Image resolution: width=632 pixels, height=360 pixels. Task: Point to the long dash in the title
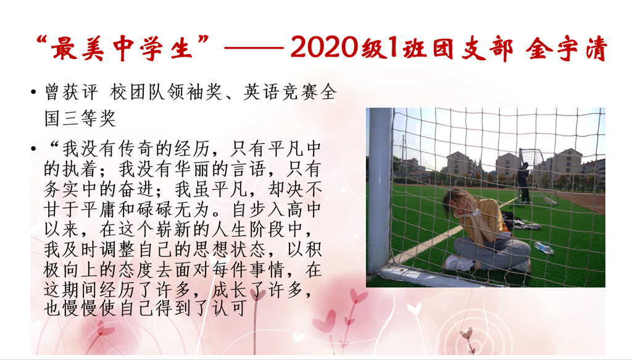pos(254,48)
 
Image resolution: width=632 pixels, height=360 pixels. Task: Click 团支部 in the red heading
pos(473,48)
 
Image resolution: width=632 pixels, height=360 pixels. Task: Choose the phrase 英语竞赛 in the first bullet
pos(280,93)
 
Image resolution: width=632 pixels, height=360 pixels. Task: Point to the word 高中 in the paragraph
pos(304,209)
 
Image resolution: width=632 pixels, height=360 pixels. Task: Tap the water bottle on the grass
pos(544,248)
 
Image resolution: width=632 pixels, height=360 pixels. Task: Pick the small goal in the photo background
pos(538,176)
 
